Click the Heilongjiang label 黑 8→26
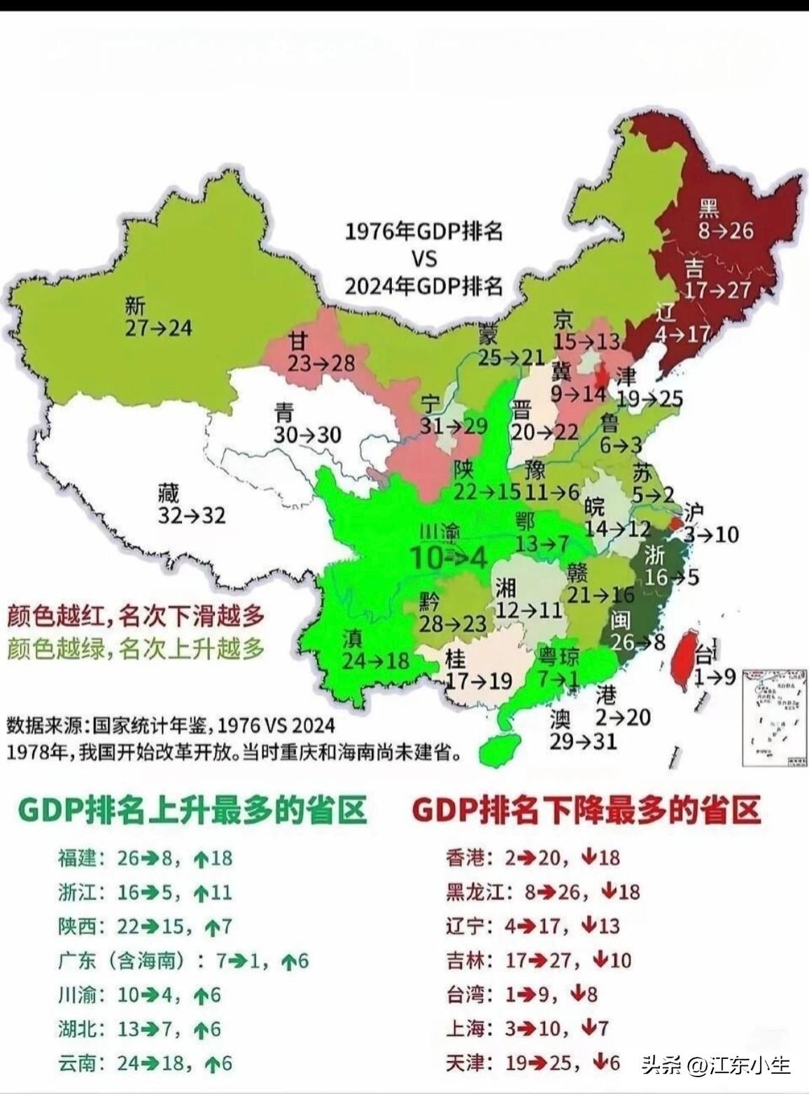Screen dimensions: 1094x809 click(725, 219)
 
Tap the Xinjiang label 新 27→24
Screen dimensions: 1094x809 click(157, 317)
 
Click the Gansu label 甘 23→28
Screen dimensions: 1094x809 click(321, 353)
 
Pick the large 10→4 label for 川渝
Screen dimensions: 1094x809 click(448, 557)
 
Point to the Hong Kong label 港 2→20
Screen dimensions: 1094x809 click(621, 706)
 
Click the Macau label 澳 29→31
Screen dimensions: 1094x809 click(582, 729)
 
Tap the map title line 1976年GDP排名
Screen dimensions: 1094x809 click(424, 232)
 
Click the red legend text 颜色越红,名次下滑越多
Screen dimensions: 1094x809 click(136, 616)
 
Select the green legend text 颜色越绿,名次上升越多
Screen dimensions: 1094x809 click(136, 649)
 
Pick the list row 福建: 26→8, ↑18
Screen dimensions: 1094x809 click(145, 858)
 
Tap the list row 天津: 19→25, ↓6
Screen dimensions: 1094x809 click(533, 1063)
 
